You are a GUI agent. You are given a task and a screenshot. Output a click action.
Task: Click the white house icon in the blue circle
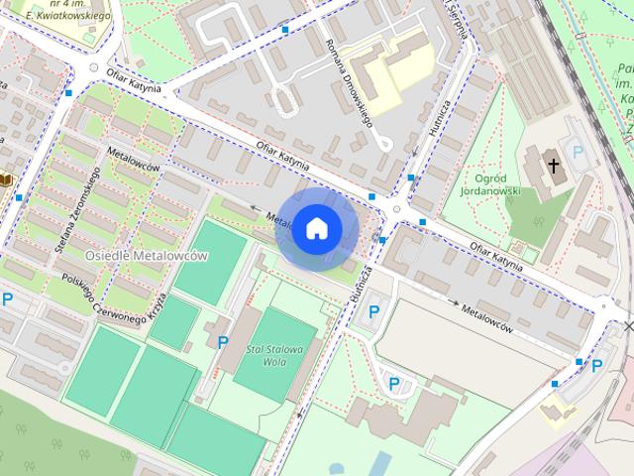tap(316, 229)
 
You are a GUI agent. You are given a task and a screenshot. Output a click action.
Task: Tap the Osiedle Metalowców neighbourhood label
tap(147, 256)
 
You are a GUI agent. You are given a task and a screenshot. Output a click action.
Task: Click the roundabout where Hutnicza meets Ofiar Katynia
tap(398, 209)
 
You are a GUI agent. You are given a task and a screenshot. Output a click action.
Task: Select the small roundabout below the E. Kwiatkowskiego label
tap(94, 69)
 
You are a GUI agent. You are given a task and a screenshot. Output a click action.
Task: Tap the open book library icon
tap(5, 179)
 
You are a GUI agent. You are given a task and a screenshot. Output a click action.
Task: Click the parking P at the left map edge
tap(7, 298)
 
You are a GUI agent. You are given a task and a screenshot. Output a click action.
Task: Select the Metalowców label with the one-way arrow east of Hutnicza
tap(486, 316)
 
